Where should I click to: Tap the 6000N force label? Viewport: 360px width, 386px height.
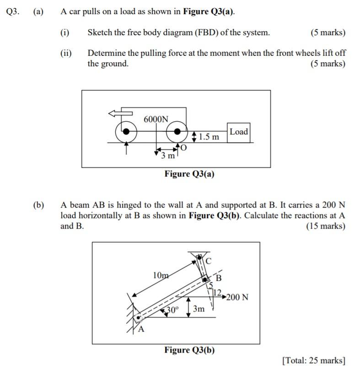[x=156, y=119]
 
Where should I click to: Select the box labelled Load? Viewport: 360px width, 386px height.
[x=238, y=132]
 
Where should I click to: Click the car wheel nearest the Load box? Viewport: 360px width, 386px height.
[x=177, y=132]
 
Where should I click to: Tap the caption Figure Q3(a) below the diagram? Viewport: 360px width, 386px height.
[x=189, y=174]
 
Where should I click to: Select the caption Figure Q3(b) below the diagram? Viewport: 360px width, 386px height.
[x=189, y=350]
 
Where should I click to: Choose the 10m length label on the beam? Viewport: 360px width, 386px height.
[x=161, y=275]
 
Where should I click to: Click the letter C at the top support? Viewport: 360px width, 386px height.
[x=209, y=261]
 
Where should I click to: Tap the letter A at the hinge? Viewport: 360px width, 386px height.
[x=140, y=330]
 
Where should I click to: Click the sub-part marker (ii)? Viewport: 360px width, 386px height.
[x=66, y=53]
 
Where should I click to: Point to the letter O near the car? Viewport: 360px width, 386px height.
[x=184, y=147]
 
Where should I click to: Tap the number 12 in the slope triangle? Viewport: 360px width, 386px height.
[x=217, y=292]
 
